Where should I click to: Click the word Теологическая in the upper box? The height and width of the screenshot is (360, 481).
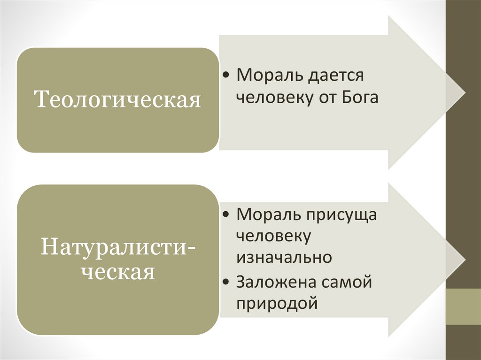click(118, 100)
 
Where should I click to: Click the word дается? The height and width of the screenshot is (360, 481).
click(335, 75)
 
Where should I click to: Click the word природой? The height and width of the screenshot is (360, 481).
click(277, 304)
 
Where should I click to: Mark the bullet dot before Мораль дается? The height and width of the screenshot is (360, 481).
click(227, 76)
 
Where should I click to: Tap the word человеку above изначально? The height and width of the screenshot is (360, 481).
click(273, 236)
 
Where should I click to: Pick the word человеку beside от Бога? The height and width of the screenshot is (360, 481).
click(273, 98)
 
